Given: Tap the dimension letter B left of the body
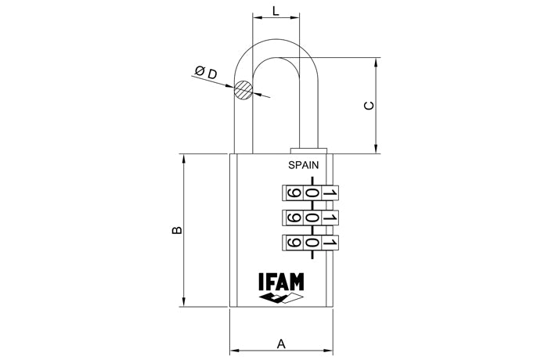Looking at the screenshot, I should point(177,230).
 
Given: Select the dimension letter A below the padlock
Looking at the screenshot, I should point(281,343).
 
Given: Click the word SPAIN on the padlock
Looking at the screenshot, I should point(304,165).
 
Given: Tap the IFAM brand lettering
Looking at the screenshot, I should point(281,282).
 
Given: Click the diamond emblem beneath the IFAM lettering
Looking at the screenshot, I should point(281,299).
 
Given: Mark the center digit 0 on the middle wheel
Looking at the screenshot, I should point(312,218).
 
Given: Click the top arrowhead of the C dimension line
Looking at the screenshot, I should point(377,60).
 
